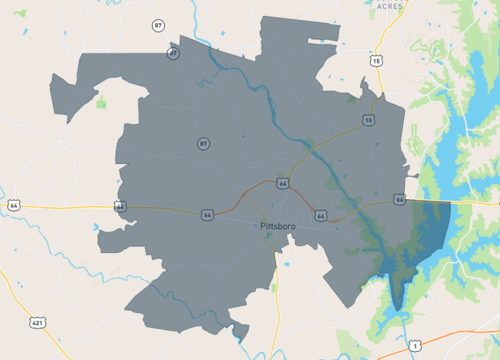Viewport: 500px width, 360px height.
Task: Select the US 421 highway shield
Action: coord(38,323)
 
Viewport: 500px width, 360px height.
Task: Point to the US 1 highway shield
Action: coord(414,345)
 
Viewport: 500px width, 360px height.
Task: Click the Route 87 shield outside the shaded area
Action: coord(158,24)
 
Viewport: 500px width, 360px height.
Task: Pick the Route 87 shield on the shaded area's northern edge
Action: coord(173,53)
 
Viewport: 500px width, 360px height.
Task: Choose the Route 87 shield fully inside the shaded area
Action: coord(203,144)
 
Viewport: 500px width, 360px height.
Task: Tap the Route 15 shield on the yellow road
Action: coord(376,61)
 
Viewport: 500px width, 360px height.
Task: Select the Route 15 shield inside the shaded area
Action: coord(368,120)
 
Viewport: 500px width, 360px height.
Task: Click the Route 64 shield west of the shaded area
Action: coord(13,205)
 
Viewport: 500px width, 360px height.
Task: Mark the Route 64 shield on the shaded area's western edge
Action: coord(120,206)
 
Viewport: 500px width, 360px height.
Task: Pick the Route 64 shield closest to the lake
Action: coord(399,199)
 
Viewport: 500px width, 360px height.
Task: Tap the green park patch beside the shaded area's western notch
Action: coord(101,101)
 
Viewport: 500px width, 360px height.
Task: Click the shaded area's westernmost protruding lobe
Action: coord(62,95)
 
